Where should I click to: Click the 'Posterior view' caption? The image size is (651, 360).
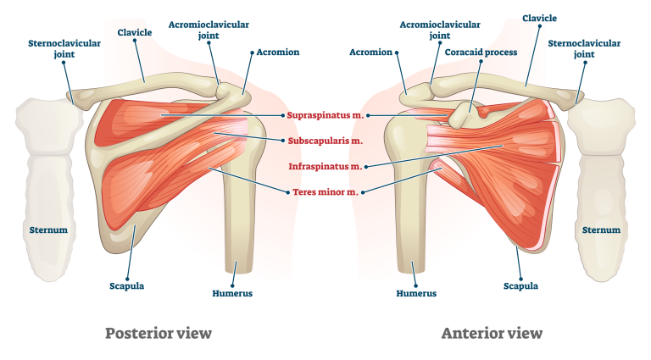158,333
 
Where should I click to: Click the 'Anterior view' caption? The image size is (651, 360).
491,333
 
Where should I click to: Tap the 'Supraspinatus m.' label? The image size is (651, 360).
325,114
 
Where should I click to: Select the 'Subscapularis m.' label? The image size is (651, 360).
325,141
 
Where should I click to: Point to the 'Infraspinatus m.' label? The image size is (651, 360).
325,167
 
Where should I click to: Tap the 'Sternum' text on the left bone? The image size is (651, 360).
48,230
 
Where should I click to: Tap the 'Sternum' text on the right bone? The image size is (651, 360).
601,230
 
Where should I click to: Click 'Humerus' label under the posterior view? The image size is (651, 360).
231,294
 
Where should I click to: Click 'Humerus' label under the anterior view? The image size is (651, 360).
416,294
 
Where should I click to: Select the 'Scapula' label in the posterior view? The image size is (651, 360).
126,285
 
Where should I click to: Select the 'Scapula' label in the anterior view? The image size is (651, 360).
520,285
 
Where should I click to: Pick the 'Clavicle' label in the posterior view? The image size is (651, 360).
135,32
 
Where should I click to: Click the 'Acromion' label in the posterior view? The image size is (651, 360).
278,53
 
